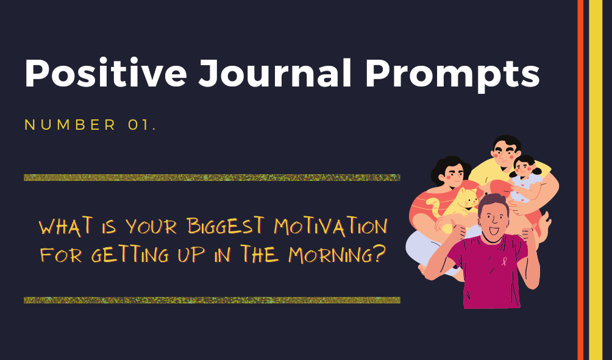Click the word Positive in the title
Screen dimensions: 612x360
coord(106,73)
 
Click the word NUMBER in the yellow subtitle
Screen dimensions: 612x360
coord(70,125)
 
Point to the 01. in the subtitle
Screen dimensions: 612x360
coord(141,125)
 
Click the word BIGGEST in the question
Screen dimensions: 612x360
coord(226,226)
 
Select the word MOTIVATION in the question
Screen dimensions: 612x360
coord(331,226)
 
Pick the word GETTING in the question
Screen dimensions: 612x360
coord(130,255)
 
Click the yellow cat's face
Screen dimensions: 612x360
coord(468,199)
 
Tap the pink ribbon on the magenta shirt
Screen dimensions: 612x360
coord(504,261)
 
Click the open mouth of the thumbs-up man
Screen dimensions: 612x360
coord(493,231)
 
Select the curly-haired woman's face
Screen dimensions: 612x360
coord(452,174)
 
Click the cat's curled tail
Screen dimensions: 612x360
coord(433,206)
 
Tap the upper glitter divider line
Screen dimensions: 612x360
coord(212,177)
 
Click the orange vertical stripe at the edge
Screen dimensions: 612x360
coord(580,180)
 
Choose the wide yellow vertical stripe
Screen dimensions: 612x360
coord(596,180)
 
